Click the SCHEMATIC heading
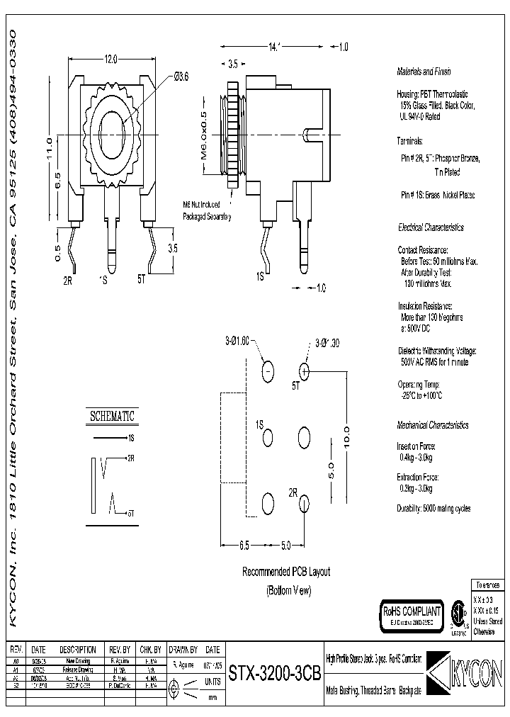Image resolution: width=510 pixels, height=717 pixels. pyautogui.click(x=111, y=417)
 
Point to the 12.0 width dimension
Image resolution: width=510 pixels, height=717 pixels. pyautogui.click(x=110, y=60)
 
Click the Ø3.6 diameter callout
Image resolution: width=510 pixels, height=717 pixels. pyautogui.click(x=181, y=77)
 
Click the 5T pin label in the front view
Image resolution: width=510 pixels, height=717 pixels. pyautogui.click(x=141, y=280)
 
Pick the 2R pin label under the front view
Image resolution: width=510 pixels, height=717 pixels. pyautogui.click(x=68, y=280)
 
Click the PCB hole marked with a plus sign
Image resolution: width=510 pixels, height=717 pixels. pyautogui.click(x=304, y=371)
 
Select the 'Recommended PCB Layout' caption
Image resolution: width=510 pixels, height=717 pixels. pyautogui.click(x=286, y=572)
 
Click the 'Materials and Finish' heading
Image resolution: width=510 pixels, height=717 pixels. pyautogui.click(x=424, y=72)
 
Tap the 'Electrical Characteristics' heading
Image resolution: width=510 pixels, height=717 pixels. pyautogui.click(x=431, y=227)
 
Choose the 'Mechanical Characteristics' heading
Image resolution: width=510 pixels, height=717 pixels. pyautogui.click(x=432, y=425)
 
